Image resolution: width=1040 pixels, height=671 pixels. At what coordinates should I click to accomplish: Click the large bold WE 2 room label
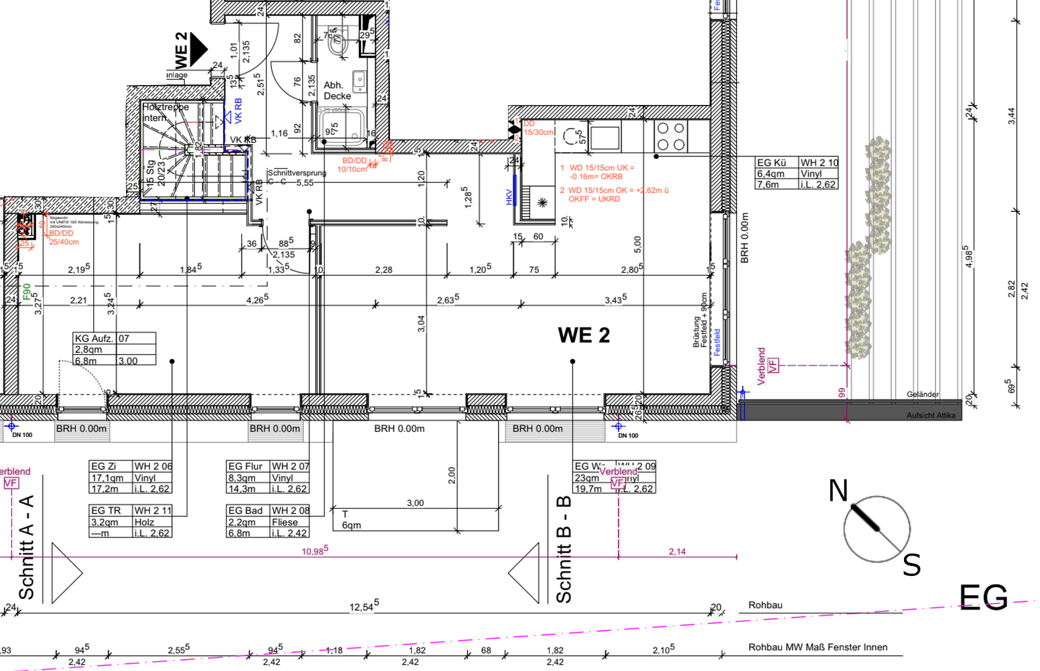[x=584, y=335]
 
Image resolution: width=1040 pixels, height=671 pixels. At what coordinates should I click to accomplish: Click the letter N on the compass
[x=838, y=491]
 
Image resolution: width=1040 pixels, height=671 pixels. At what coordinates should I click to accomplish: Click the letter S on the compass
[x=911, y=565]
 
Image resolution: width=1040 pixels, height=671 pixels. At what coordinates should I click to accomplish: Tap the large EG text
[x=983, y=598]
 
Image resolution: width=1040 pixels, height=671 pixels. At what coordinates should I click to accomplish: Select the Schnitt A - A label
[x=26, y=547]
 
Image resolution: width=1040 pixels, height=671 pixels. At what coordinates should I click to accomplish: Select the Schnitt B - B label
[x=563, y=549]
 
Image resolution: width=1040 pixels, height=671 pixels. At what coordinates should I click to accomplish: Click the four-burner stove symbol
[x=671, y=137]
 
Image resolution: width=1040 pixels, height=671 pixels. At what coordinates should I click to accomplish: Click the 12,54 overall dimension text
[x=363, y=606]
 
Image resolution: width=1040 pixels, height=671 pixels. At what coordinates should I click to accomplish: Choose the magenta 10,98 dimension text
[x=315, y=551]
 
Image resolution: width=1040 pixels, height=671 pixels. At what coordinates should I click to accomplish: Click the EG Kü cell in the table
[x=771, y=163]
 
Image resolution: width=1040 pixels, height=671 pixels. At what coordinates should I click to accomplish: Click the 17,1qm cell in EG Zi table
[x=107, y=478]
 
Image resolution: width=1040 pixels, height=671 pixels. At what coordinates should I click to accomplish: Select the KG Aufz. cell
[x=94, y=339]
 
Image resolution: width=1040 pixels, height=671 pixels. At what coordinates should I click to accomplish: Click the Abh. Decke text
[x=337, y=91]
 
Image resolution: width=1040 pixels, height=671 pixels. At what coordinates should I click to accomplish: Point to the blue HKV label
[x=509, y=197]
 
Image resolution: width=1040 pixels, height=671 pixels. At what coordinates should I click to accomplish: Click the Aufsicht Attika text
[x=930, y=416]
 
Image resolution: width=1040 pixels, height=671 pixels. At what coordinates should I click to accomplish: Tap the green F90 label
[x=27, y=291]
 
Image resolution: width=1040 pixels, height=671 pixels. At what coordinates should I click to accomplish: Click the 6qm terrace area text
[x=351, y=526]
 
